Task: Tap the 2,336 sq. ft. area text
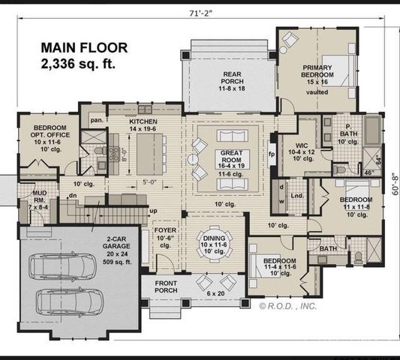[x=78, y=64]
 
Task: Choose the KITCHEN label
[x=142, y=121]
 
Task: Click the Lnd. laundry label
[x=296, y=196]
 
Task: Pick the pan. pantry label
[x=96, y=120]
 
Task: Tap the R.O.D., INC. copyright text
[x=289, y=305]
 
